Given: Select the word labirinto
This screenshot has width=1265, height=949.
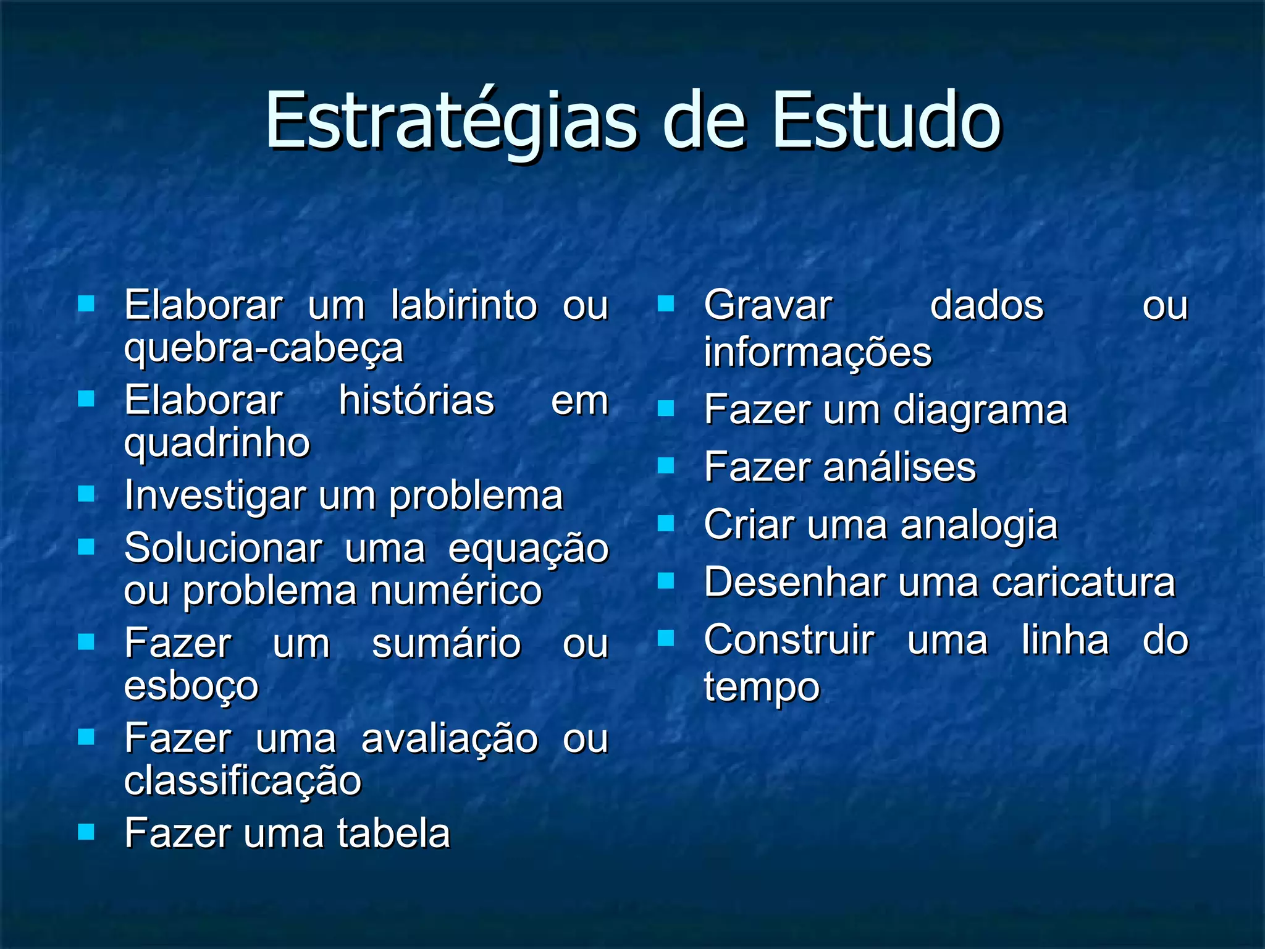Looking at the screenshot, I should click(x=464, y=306).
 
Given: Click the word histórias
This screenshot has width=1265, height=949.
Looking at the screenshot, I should click(x=417, y=401).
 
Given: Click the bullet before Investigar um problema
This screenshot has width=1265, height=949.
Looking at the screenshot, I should click(x=86, y=494).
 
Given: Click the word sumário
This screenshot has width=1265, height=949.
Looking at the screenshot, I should click(x=447, y=644).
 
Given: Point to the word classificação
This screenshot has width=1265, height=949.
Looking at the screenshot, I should click(x=243, y=781).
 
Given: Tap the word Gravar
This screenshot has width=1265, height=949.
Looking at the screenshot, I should click(x=768, y=306).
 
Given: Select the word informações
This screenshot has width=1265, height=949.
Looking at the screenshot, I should click(x=818, y=353).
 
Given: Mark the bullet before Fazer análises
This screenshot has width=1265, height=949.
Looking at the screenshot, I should click(x=666, y=465).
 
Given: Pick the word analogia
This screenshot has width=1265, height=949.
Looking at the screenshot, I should click(x=979, y=526).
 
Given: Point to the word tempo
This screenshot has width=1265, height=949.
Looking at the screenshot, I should click(x=762, y=688).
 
